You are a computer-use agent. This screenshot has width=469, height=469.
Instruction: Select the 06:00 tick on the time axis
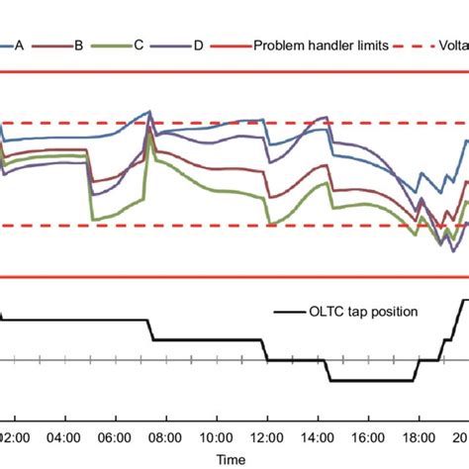115,436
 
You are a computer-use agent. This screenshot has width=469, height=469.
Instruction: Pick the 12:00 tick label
266,436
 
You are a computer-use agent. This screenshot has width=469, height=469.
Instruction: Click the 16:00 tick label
367,436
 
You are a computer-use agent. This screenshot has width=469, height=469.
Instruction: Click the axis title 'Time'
233,459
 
